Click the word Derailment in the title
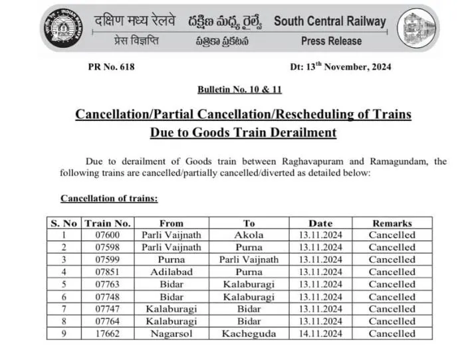click(298, 132)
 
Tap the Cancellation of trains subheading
click(109, 198)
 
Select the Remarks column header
click(392, 223)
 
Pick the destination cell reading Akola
click(249, 235)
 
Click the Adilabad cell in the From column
click(172, 272)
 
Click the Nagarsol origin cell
click(172, 333)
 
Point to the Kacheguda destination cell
click(249, 333)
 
